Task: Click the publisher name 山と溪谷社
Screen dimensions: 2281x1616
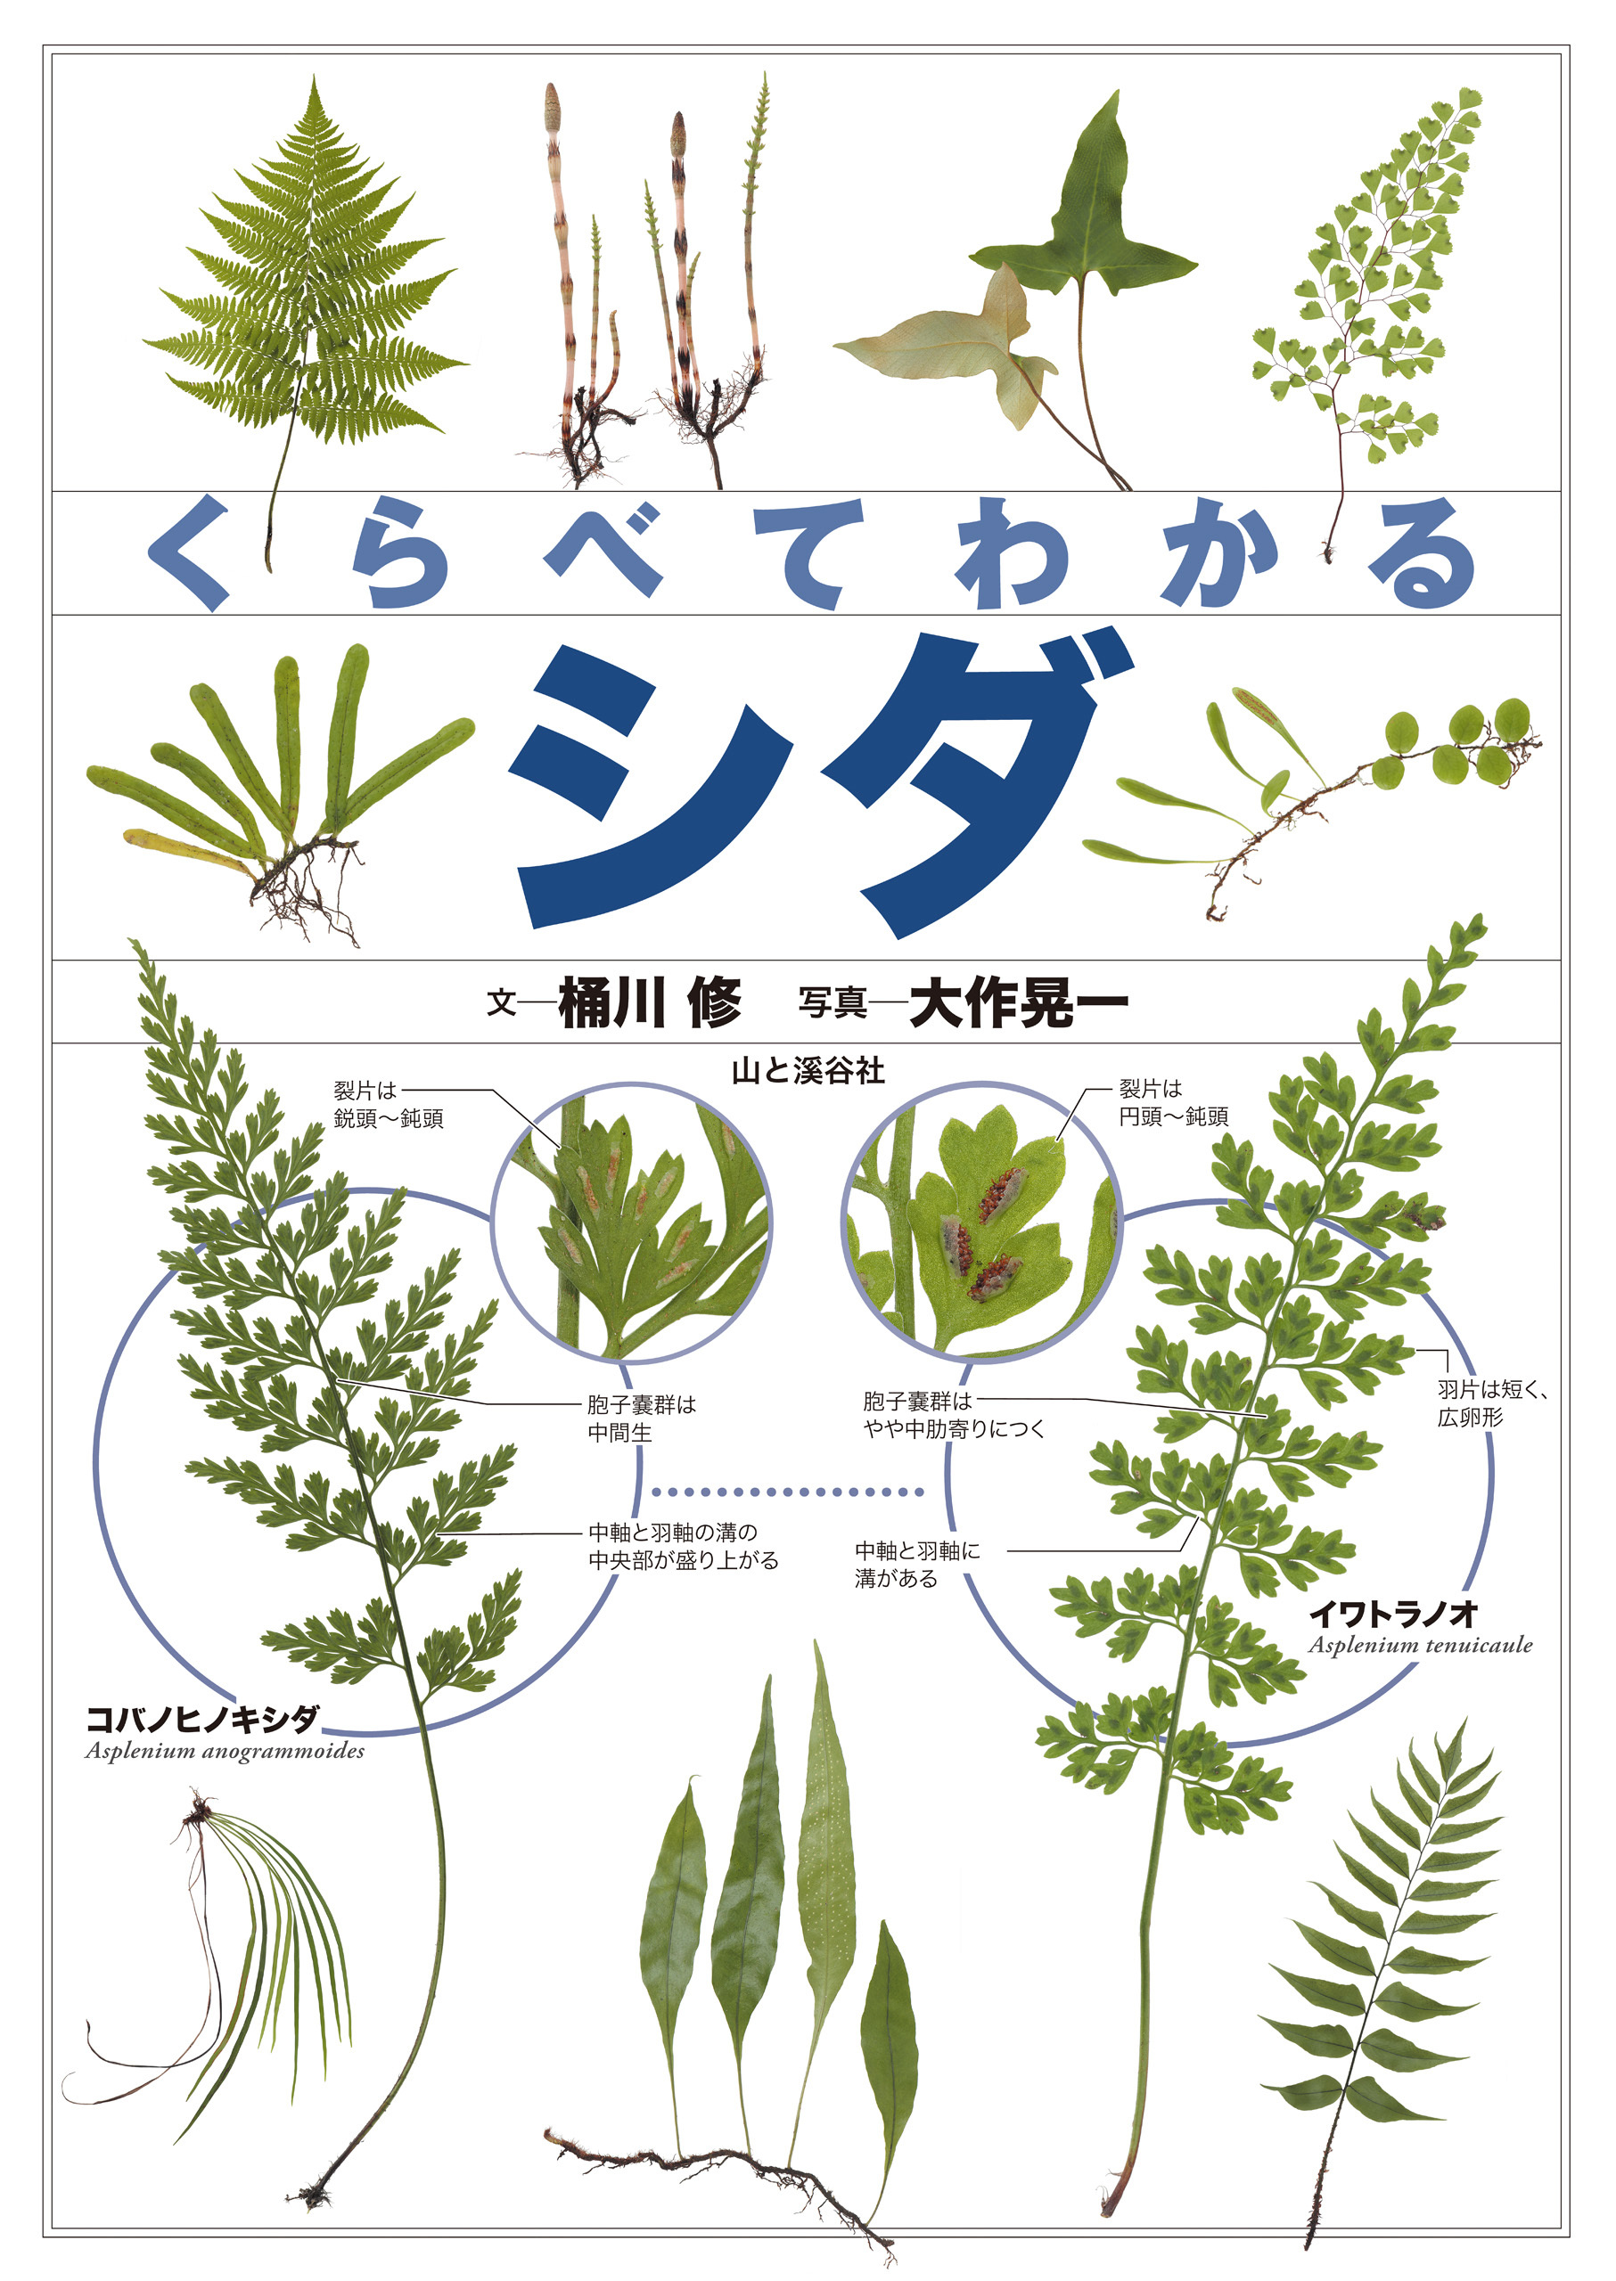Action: pyautogui.click(x=807, y=1071)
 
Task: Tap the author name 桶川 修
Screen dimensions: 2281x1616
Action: pyautogui.click(x=650, y=1002)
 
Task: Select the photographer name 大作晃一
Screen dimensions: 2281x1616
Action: pyautogui.click(x=1019, y=1002)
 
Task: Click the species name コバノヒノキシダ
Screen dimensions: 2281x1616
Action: pyautogui.click(x=202, y=1718)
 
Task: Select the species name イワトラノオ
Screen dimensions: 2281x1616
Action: pyautogui.click(x=1392, y=1613)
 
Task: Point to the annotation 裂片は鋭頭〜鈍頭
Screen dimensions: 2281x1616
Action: pyautogui.click(x=388, y=1104)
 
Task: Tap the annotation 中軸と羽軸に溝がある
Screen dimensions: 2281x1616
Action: pyautogui.click(x=916, y=1564)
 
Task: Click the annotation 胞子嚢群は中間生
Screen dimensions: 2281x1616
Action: pyautogui.click(x=641, y=1418)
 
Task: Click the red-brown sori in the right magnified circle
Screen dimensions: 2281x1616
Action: pyautogui.click(x=999, y=1195)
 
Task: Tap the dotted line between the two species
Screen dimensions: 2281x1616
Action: pyautogui.click(x=787, y=1492)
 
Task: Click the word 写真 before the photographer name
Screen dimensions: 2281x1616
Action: pyautogui.click(x=832, y=1003)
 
